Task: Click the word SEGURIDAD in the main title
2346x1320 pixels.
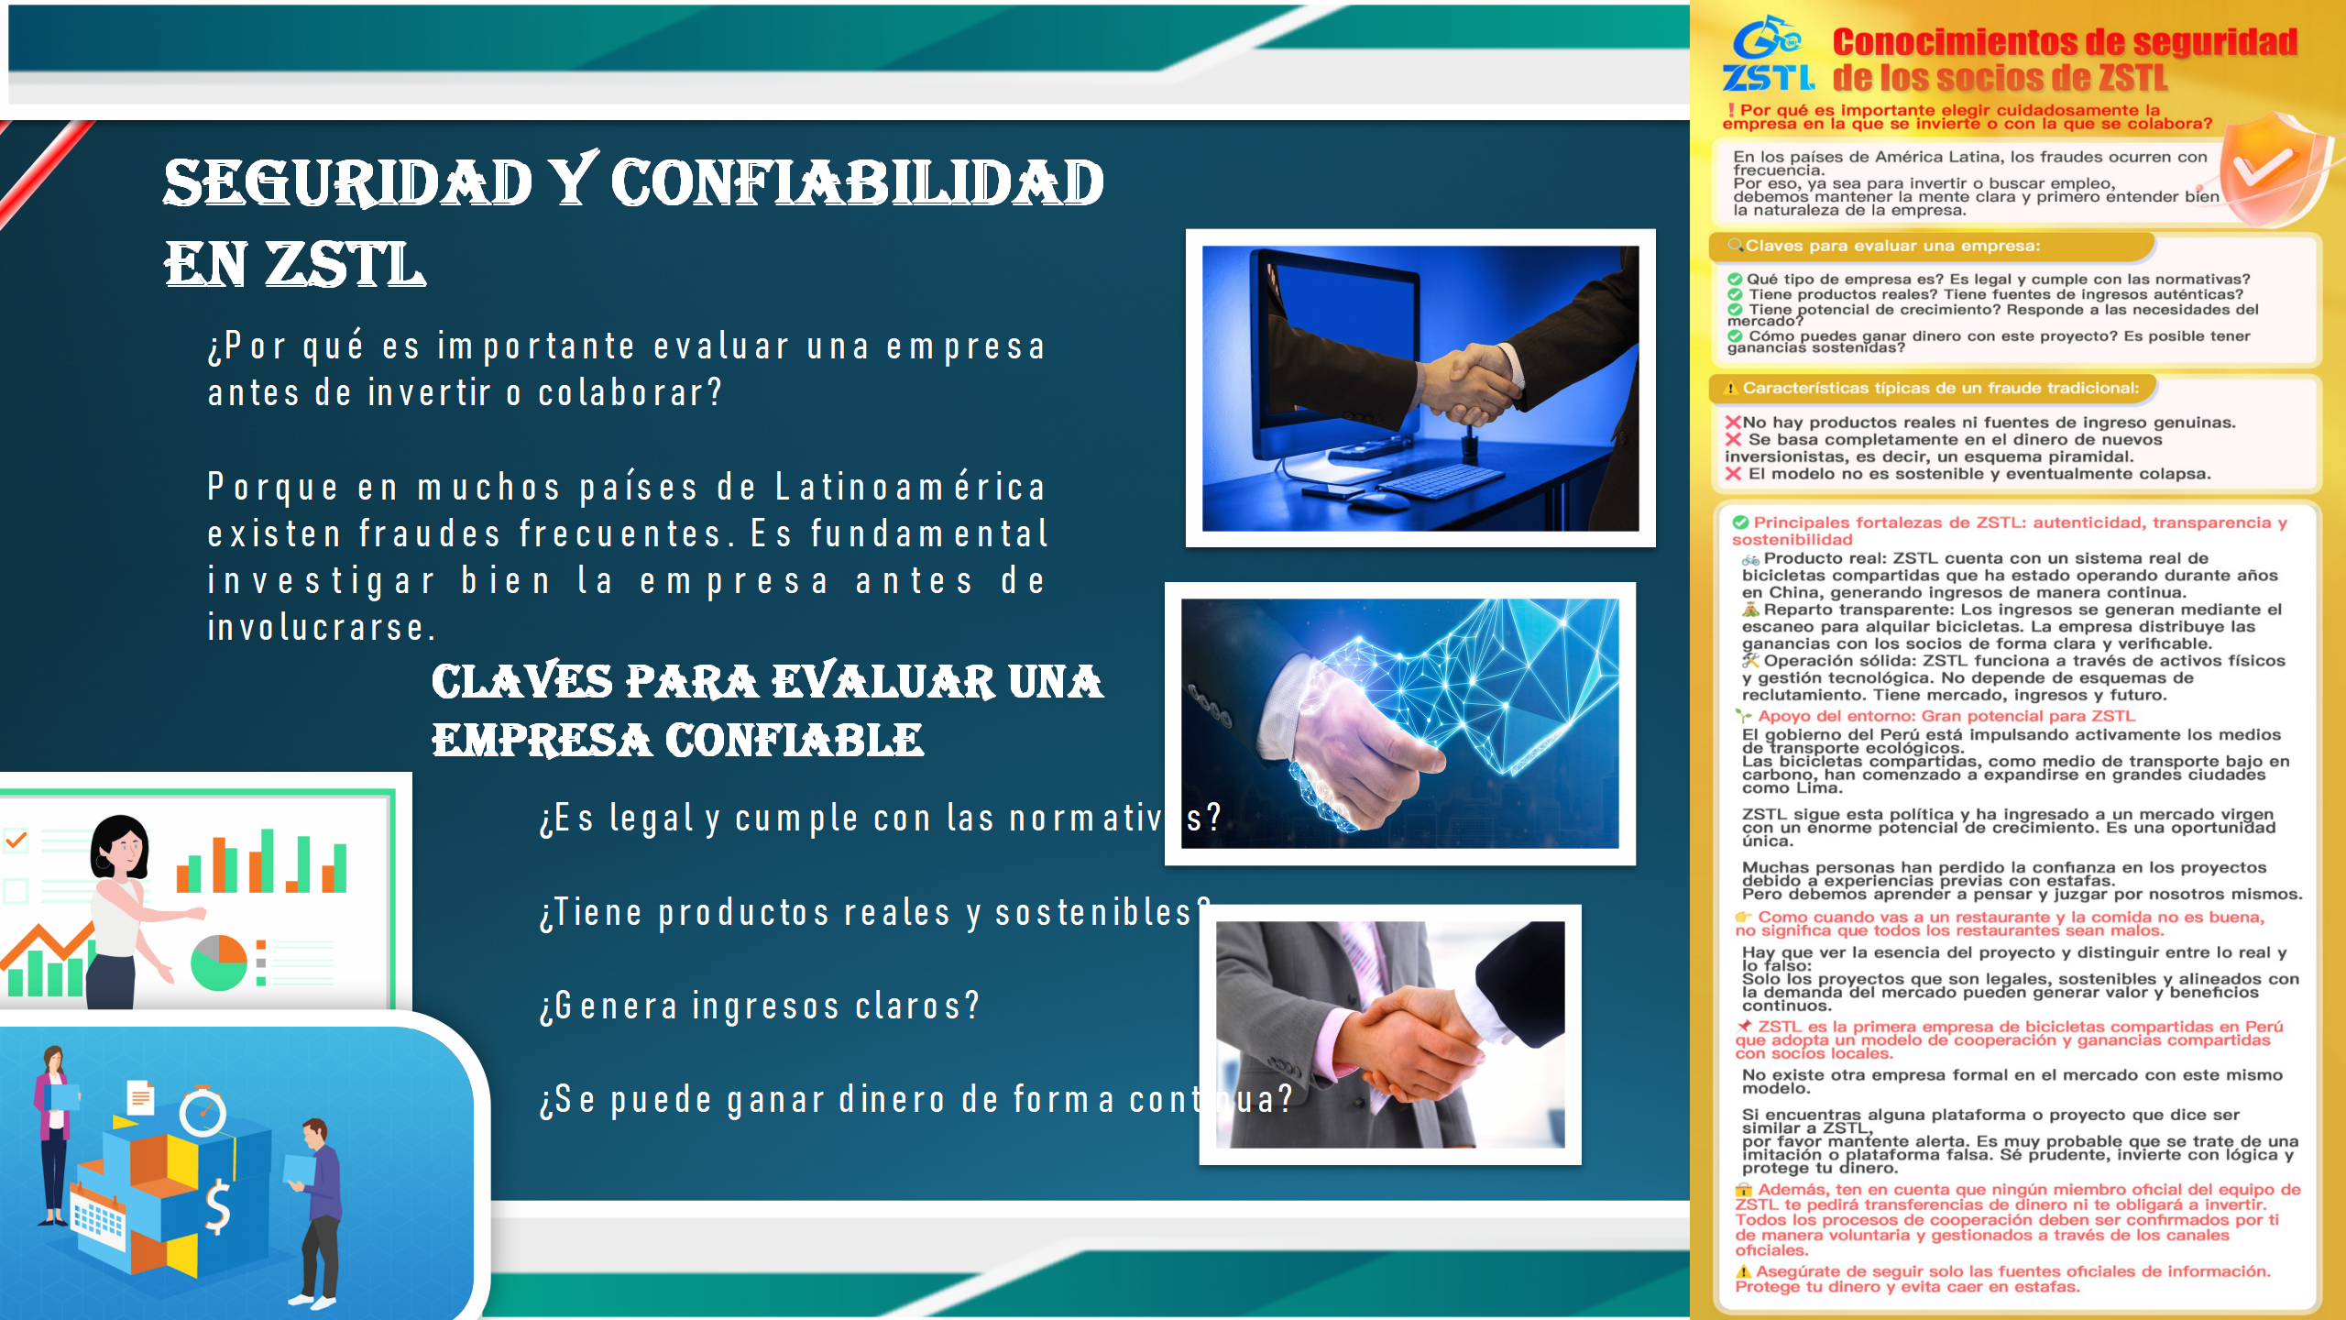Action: click(348, 182)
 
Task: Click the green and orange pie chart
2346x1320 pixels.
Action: click(219, 962)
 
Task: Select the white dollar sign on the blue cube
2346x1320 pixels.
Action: click(217, 1207)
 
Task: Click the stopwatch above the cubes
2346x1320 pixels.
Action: click(203, 1112)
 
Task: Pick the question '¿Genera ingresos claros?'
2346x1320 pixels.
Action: click(760, 1006)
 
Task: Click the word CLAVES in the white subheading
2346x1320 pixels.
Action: click(522, 682)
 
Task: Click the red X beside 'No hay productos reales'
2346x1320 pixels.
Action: click(1733, 423)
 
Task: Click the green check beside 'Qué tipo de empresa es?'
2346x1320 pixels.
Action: click(1735, 280)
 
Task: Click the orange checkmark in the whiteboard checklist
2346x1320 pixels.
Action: click(16, 840)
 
